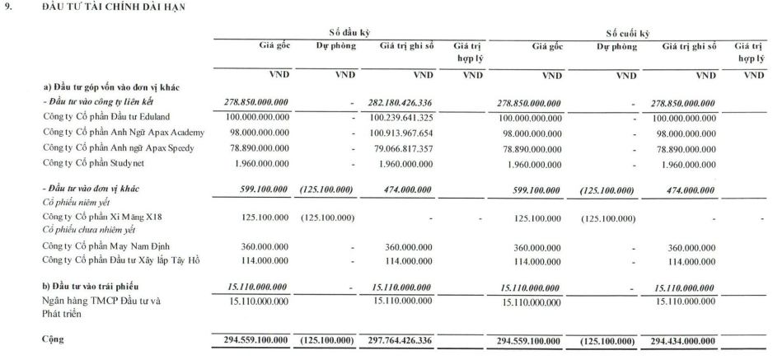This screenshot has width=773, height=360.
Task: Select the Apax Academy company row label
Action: [124, 132]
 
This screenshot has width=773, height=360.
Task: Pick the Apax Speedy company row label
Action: [119, 147]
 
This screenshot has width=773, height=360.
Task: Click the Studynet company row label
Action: [98, 163]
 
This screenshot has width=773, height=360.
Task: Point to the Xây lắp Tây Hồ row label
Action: [122, 262]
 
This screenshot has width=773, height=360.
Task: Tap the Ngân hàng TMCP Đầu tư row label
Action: [102, 301]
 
